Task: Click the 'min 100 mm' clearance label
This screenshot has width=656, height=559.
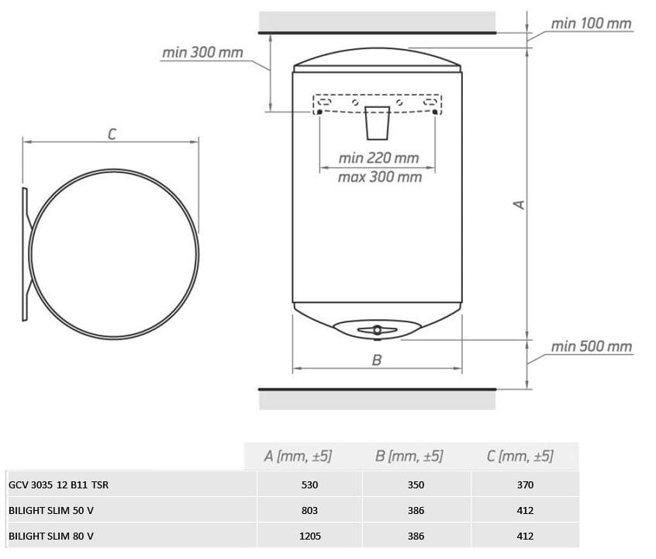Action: (x=591, y=23)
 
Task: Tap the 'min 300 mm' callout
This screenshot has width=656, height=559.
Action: (x=202, y=52)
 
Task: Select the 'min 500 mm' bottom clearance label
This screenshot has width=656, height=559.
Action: (x=591, y=346)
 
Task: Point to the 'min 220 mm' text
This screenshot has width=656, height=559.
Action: (x=378, y=158)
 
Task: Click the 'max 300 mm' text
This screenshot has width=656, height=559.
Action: (x=379, y=177)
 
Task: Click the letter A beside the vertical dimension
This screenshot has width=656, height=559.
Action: (x=520, y=204)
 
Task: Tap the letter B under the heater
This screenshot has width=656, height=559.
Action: (x=377, y=360)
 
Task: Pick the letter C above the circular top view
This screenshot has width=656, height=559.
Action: (x=112, y=134)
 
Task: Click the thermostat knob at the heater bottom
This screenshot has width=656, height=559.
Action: (x=378, y=330)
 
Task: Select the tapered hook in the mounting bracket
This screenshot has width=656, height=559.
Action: (x=378, y=123)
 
